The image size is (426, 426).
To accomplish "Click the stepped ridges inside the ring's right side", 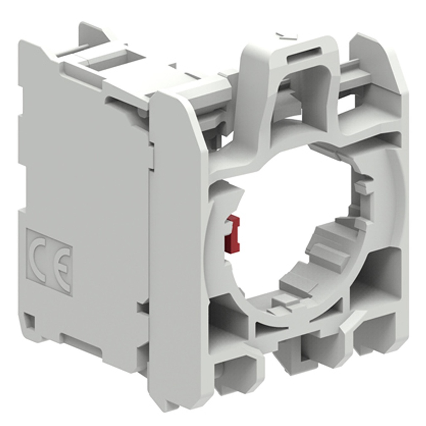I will [329, 245].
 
